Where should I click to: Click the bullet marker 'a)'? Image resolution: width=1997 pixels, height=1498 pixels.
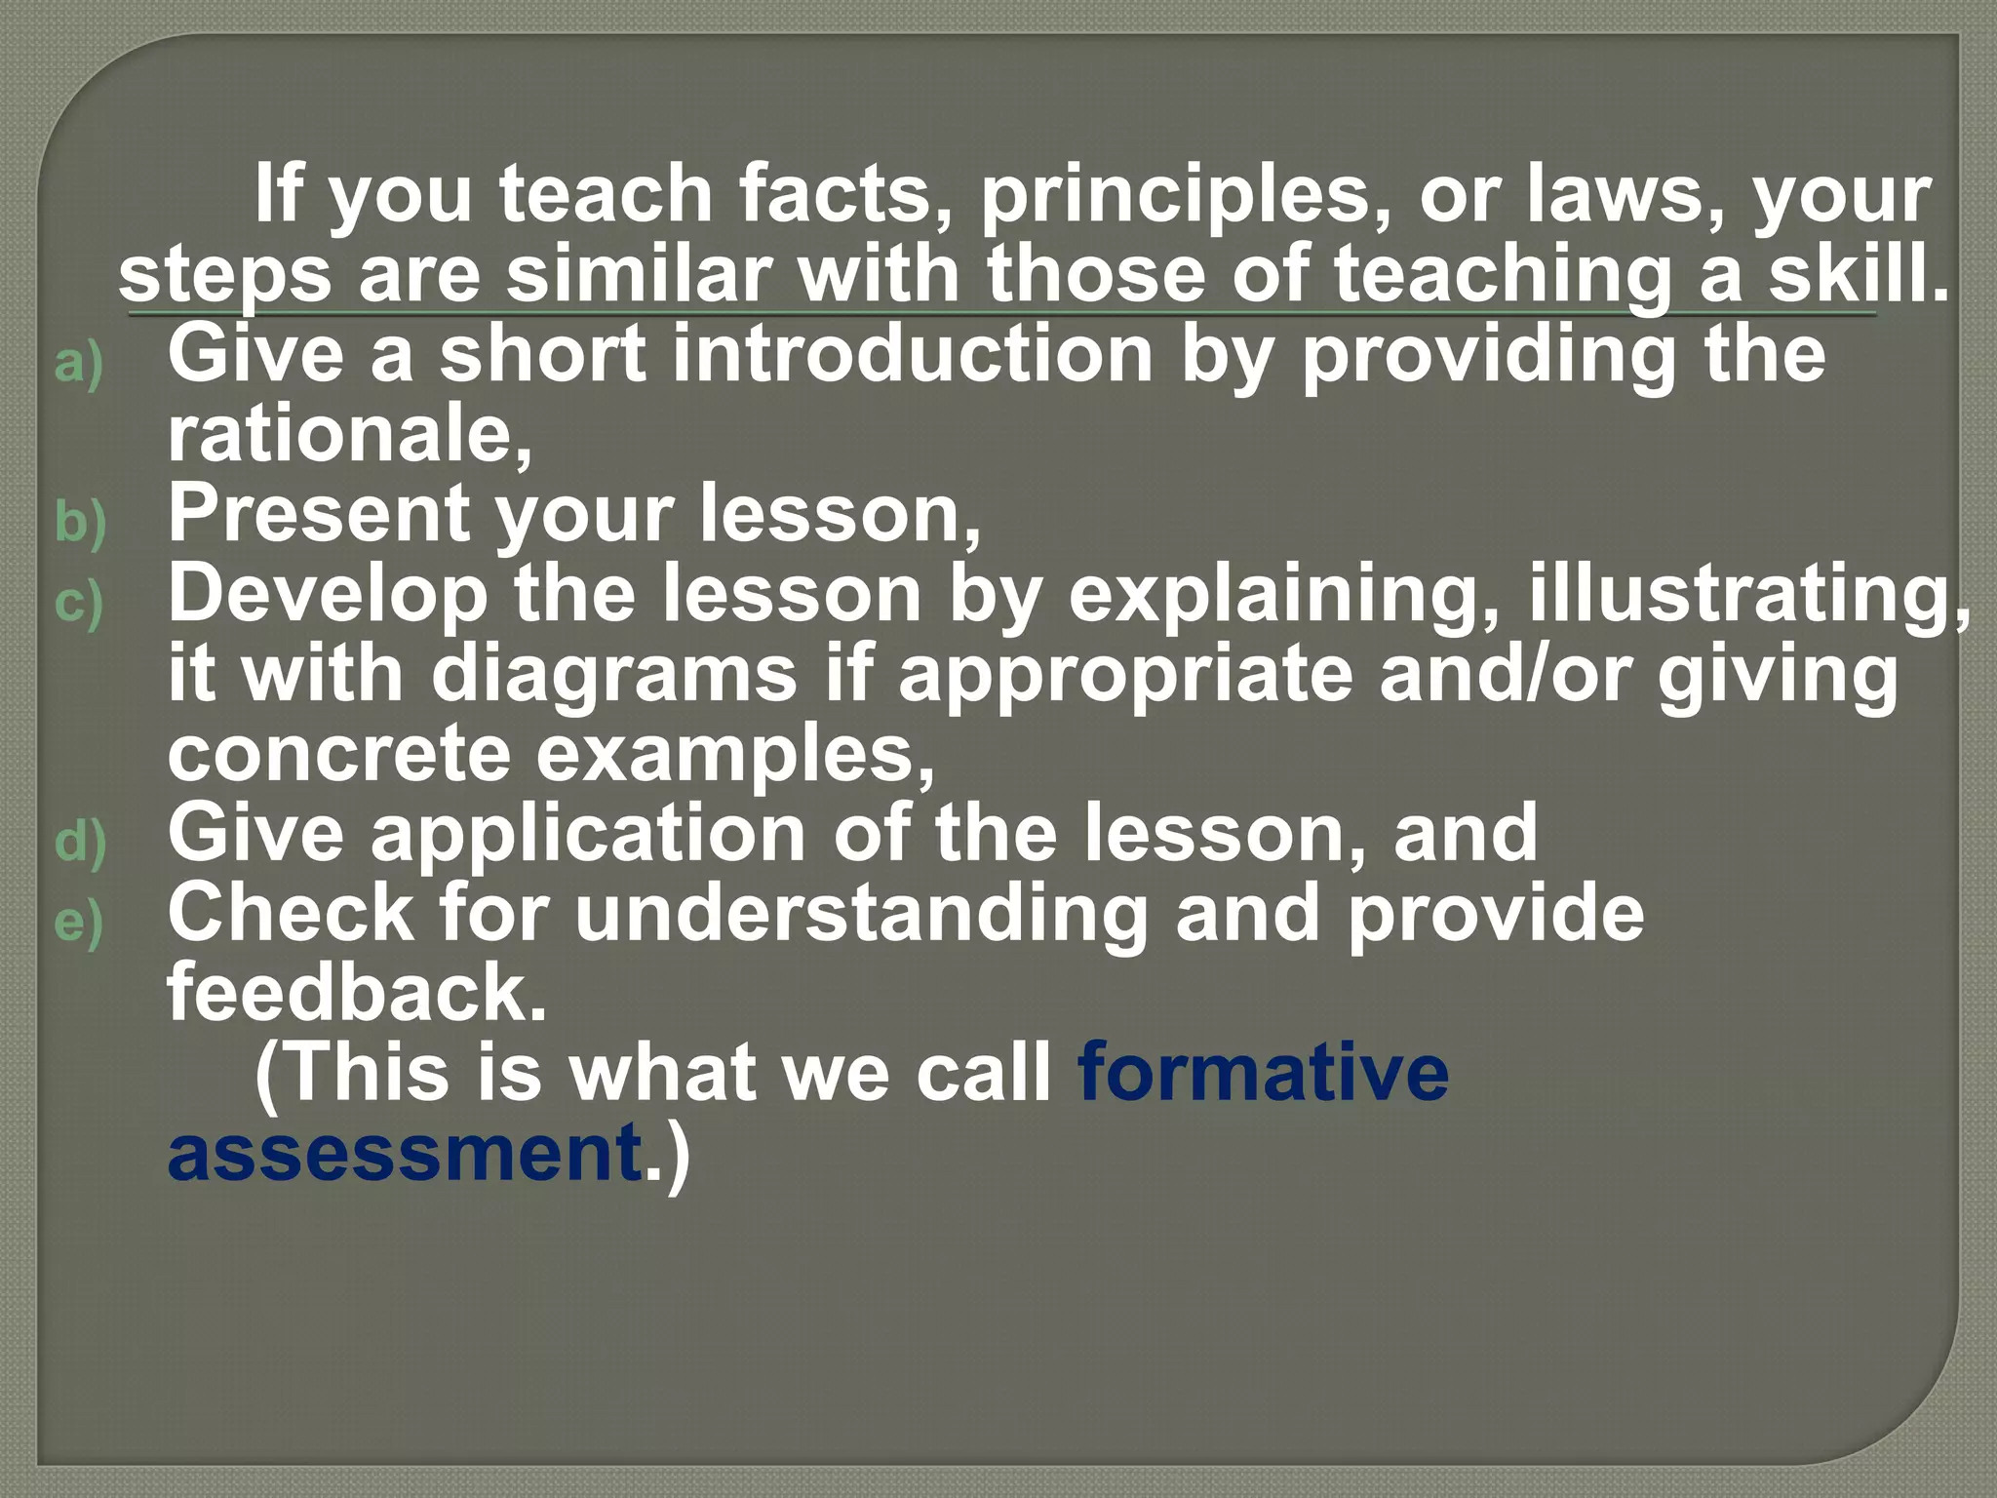[x=79, y=365]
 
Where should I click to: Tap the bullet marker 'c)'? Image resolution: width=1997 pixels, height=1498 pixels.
[x=79, y=603]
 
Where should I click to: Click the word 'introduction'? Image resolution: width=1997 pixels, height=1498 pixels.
[x=913, y=355]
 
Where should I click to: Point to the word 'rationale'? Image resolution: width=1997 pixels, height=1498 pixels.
[x=345, y=435]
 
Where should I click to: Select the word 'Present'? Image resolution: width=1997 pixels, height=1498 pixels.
[x=318, y=515]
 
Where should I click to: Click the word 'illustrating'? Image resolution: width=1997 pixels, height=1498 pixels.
[x=1744, y=595]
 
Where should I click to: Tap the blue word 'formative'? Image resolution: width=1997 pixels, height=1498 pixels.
[x=1263, y=1073]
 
